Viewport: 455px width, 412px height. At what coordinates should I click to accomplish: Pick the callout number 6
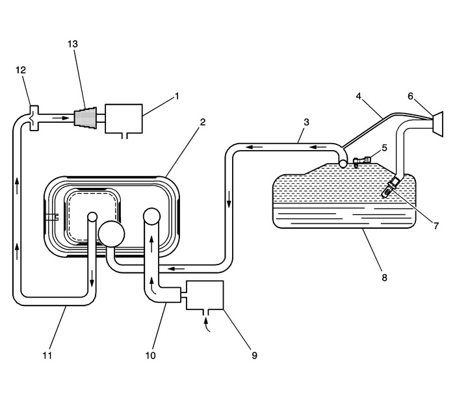[x=410, y=96]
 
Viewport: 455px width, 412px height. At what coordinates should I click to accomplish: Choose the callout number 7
[x=436, y=225]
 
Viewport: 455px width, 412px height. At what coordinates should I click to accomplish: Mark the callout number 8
[x=384, y=277]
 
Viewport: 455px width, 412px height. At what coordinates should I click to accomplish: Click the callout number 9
[x=254, y=355]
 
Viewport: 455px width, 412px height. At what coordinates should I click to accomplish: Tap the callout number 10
[x=151, y=355]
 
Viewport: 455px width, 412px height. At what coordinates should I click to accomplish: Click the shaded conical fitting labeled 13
[x=85, y=118]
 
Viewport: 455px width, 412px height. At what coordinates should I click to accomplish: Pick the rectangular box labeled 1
[x=123, y=118]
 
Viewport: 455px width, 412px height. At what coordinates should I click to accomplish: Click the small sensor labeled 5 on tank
[x=362, y=160]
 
